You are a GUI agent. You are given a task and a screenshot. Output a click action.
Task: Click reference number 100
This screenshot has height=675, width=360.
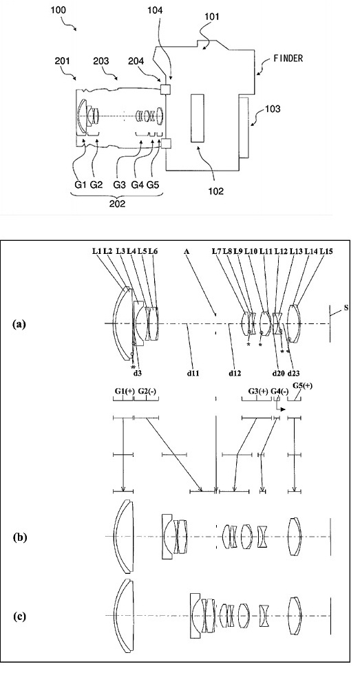point(58,10)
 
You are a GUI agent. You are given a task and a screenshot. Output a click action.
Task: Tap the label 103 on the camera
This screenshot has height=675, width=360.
point(272,109)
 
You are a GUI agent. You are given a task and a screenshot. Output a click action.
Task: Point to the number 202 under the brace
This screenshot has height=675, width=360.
point(117,204)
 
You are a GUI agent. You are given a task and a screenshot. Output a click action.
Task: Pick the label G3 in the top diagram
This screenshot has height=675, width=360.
point(120,185)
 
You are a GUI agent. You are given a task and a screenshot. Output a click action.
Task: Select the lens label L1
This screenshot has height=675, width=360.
point(97,251)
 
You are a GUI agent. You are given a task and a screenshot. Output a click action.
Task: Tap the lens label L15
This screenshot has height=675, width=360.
point(326,251)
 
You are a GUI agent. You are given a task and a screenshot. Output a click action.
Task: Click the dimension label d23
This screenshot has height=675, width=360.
point(293,373)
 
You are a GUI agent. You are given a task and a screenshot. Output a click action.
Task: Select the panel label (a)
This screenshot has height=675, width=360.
point(20,323)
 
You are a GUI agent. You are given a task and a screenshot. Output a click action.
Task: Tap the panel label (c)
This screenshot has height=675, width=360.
point(20,616)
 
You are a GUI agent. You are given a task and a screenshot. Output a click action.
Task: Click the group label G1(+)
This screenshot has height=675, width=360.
point(125,391)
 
